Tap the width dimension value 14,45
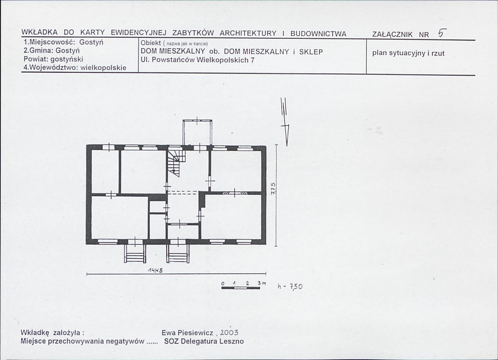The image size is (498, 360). pos(155,270)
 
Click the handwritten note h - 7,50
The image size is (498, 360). pos(290,287)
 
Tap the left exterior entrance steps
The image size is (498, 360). pos(135,253)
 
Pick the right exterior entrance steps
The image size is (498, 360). pos(178,253)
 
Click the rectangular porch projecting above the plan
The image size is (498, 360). pos(197,133)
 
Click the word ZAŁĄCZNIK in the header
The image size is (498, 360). pos(392,34)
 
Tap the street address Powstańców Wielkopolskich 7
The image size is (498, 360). pos(203,60)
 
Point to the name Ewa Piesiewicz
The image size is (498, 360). pos(187,333)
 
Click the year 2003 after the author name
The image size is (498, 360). pos(229,332)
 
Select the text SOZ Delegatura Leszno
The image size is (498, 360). pos(204,341)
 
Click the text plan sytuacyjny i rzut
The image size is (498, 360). pos(408,53)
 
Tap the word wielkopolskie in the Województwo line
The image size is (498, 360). pos(103,68)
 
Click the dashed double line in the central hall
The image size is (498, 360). pos(182,192)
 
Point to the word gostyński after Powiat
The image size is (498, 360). pos(67,59)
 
